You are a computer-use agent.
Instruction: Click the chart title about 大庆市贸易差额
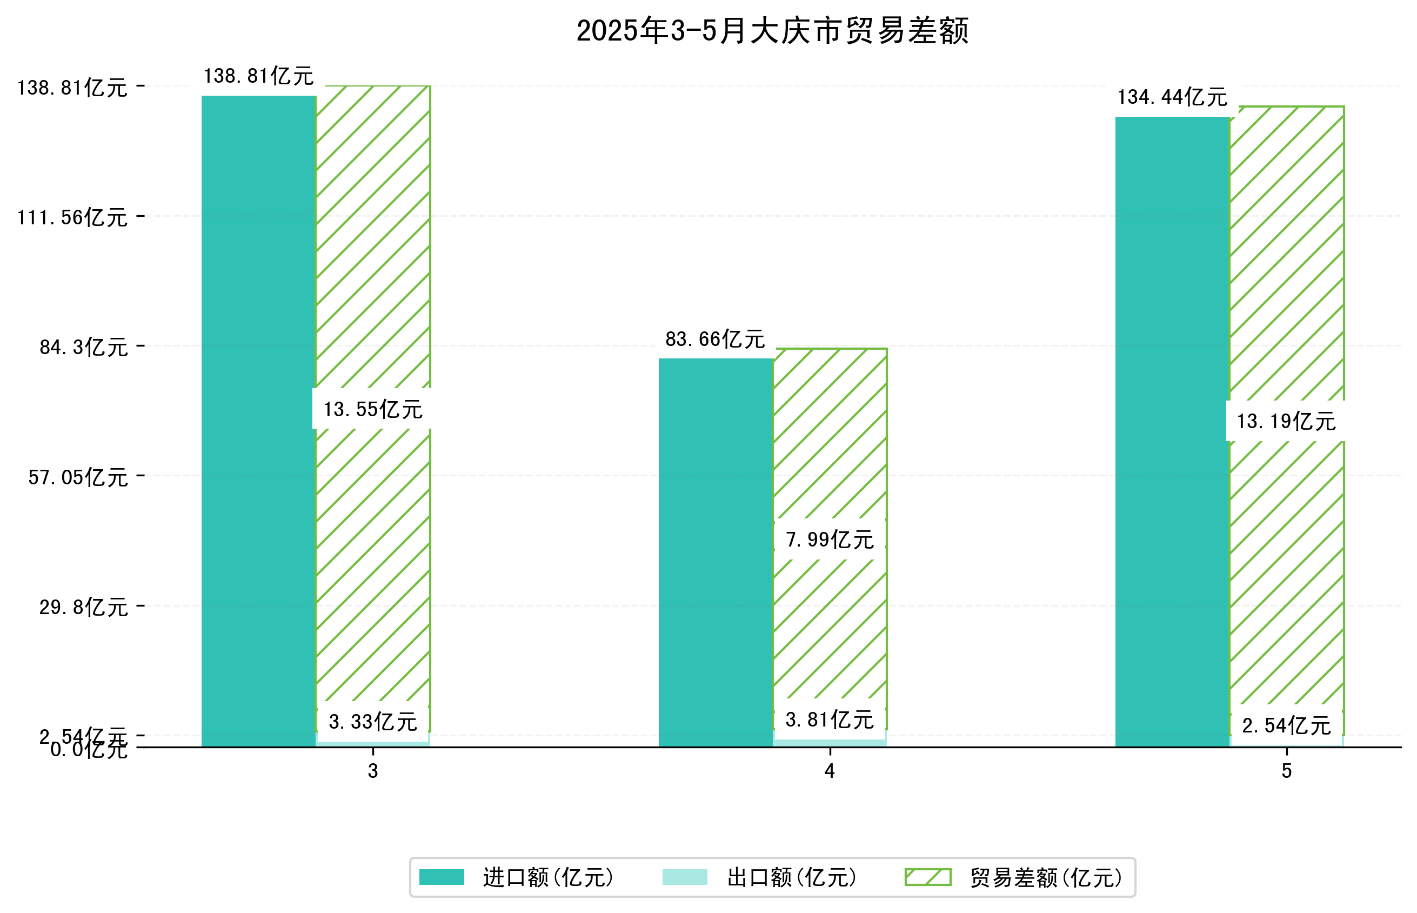[772, 31]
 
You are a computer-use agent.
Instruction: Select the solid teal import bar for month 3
[258, 421]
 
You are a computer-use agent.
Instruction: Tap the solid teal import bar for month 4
[716, 551]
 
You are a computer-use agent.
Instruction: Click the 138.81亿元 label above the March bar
[258, 76]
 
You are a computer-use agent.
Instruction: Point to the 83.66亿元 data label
[715, 339]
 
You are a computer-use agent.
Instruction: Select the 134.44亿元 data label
[1172, 97]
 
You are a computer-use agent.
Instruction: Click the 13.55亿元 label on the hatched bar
[372, 409]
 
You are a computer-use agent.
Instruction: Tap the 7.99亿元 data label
[829, 539]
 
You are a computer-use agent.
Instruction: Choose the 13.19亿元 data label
[1286, 422]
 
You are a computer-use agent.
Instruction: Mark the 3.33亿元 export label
[372, 722]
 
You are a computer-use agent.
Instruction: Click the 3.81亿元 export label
[829, 719]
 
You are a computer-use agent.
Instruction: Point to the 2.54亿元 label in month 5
[1286, 725]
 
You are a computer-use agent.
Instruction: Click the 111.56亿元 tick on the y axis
[72, 218]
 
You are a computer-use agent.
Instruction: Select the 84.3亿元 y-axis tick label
[84, 347]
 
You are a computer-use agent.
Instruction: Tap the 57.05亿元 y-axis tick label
[78, 477]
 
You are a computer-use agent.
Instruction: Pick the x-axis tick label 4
[829, 771]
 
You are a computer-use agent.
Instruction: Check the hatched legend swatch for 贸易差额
[927, 877]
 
